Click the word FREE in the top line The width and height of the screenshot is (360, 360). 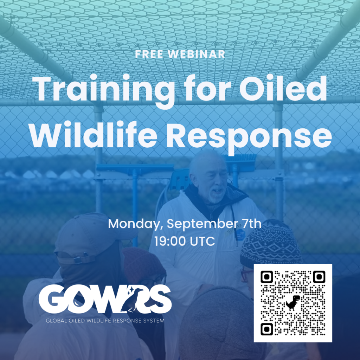tap(149, 54)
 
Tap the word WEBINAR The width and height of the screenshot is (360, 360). tap(197, 54)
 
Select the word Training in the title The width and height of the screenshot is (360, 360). tap(104, 90)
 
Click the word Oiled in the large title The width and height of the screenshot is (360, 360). tap(283, 88)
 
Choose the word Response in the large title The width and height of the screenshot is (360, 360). tap(249, 137)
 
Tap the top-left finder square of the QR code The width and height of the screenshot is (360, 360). tap(267, 277)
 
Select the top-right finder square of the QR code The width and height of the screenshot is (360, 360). tap(319, 277)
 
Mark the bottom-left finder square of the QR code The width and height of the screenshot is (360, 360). tap(267, 329)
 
